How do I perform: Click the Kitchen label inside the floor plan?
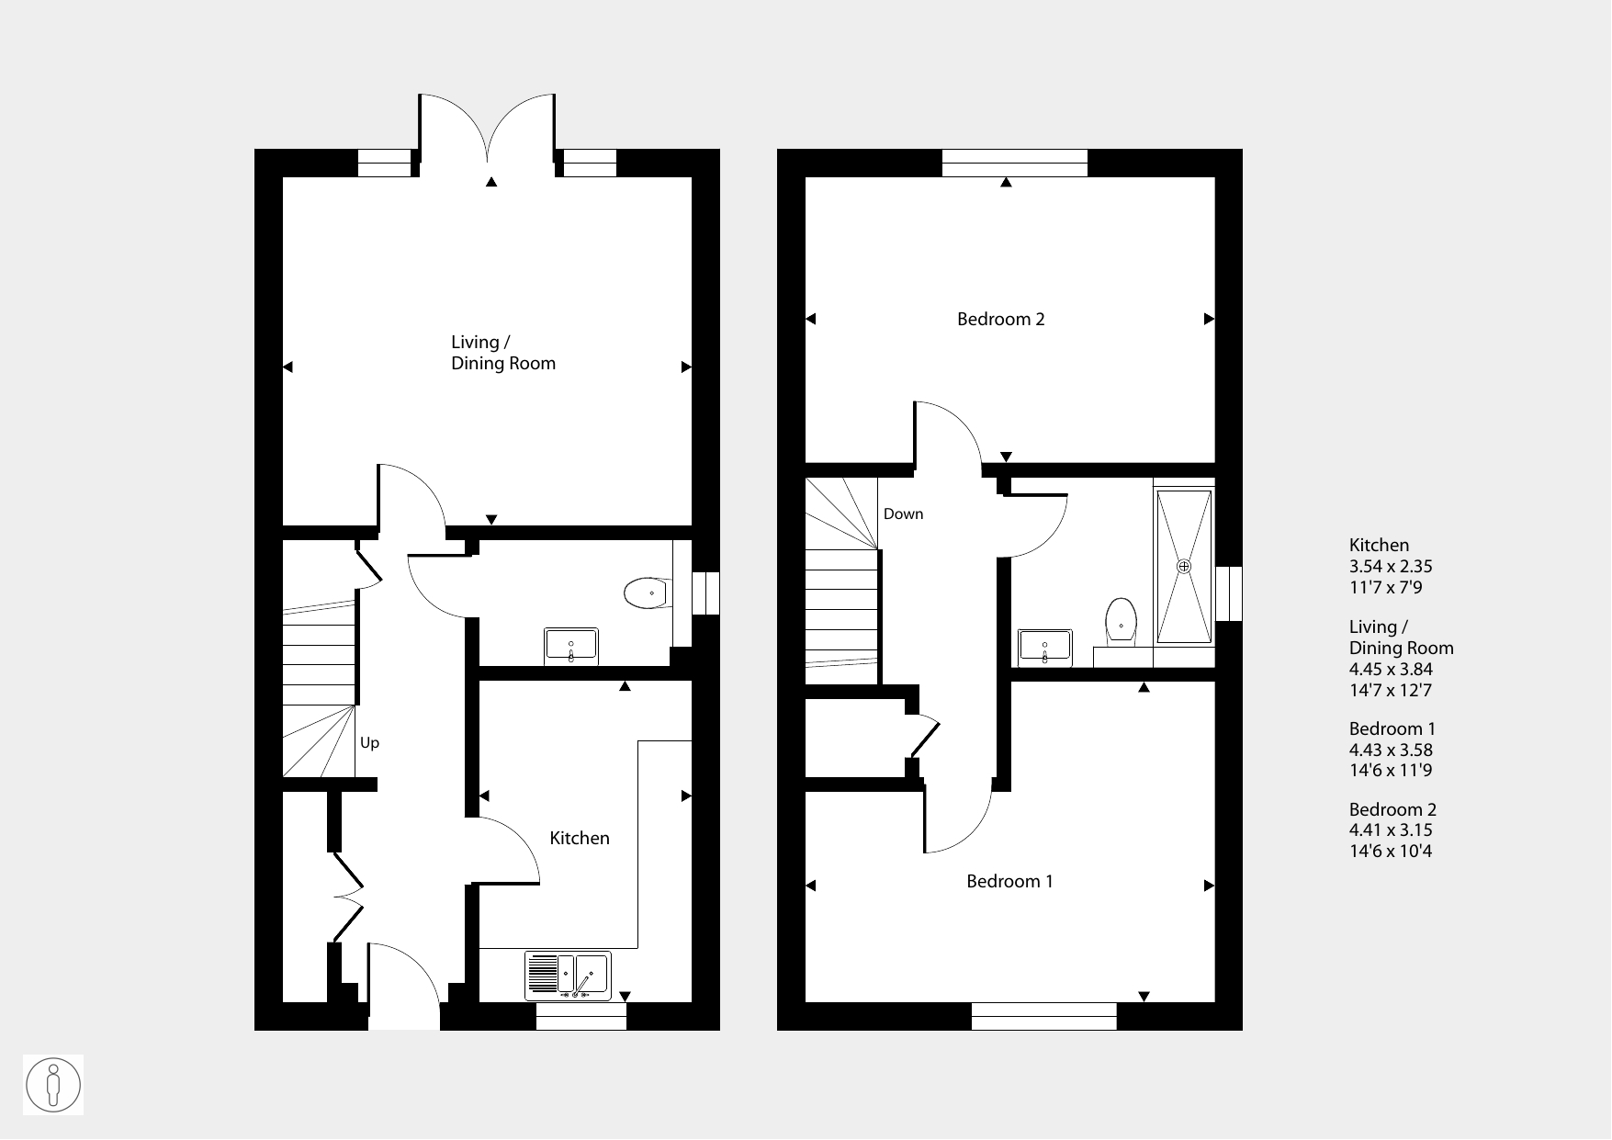tap(580, 838)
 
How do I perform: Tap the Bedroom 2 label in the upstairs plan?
tap(1001, 320)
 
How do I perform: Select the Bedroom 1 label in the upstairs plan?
tap(1009, 882)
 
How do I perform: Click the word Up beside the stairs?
tap(369, 743)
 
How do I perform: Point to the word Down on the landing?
tap(903, 514)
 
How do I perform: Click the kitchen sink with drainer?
tap(569, 976)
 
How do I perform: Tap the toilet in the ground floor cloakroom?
tap(647, 593)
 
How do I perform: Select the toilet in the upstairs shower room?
tap(1121, 620)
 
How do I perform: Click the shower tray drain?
tap(1185, 566)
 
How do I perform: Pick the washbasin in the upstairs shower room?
tap(1044, 647)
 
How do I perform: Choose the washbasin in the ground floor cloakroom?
tap(571, 646)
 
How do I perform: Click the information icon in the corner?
tap(53, 1085)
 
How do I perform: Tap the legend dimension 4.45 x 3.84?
tap(1391, 670)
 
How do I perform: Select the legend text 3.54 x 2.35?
tap(1391, 567)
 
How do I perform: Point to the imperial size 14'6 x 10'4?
tap(1391, 851)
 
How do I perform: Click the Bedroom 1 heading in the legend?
tap(1392, 729)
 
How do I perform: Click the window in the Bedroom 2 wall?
tap(1015, 164)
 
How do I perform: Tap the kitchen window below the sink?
tap(581, 1016)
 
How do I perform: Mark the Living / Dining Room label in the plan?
tap(503, 353)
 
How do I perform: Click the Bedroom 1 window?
tap(1044, 1016)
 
